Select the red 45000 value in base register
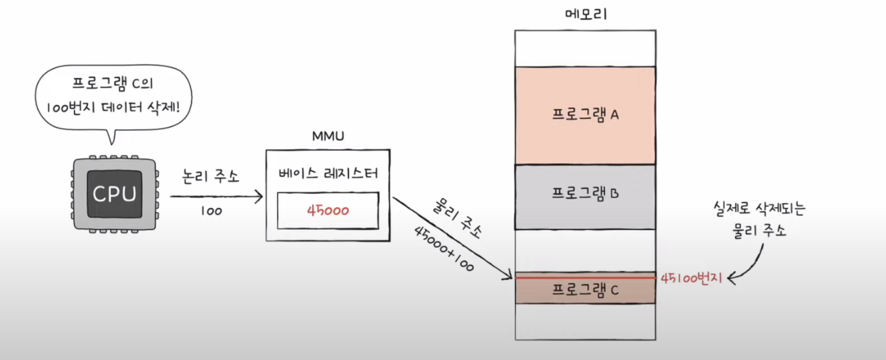click(328, 210)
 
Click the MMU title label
click(328, 137)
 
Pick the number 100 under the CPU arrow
click(211, 211)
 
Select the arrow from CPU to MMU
click(215, 196)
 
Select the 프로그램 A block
click(585, 115)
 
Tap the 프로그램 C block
click(585, 290)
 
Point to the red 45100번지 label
click(691, 277)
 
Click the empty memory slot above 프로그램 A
click(585, 48)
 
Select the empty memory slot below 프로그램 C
click(585, 322)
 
